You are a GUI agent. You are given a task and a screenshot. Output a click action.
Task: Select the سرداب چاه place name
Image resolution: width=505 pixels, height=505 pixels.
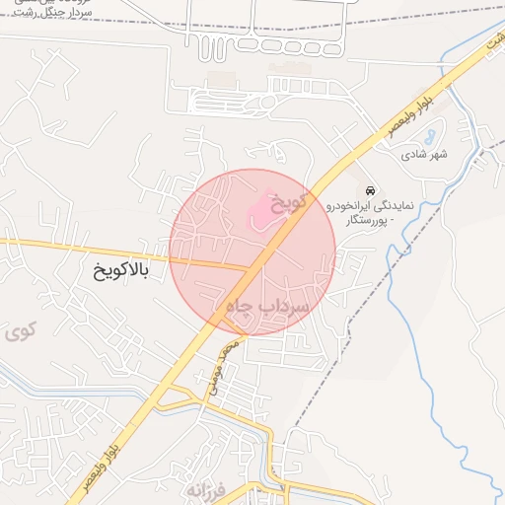pyautogui.click(x=268, y=308)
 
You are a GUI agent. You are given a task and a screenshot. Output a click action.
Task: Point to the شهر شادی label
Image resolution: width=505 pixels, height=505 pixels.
pyautogui.click(x=424, y=155)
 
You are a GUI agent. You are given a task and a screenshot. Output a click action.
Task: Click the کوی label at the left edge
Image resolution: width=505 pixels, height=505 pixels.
pyautogui.click(x=19, y=331)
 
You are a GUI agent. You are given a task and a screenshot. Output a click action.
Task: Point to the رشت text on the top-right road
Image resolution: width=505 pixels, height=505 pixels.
pyautogui.click(x=490, y=42)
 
